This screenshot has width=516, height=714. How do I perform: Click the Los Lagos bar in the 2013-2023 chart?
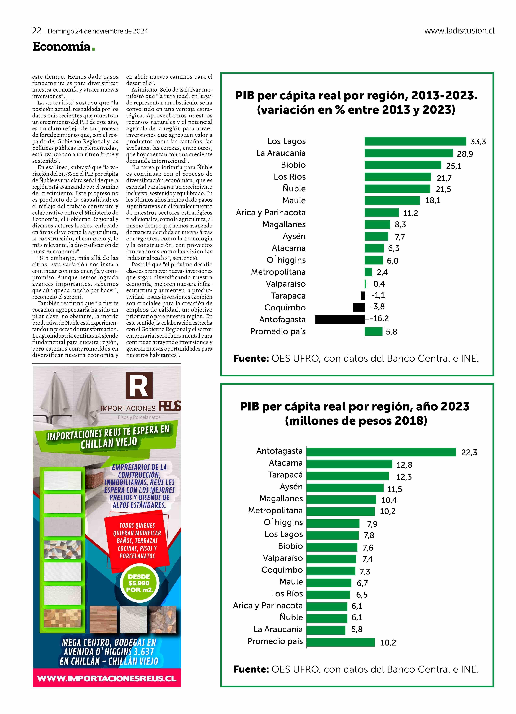click(415, 141)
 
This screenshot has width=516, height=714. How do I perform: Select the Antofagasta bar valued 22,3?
click(381, 452)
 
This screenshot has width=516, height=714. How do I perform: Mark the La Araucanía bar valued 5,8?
click(326, 630)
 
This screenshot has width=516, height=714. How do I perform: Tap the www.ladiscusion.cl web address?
click(459, 31)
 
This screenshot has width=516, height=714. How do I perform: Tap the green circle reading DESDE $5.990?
click(139, 583)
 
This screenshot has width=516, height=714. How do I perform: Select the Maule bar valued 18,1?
click(392, 201)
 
